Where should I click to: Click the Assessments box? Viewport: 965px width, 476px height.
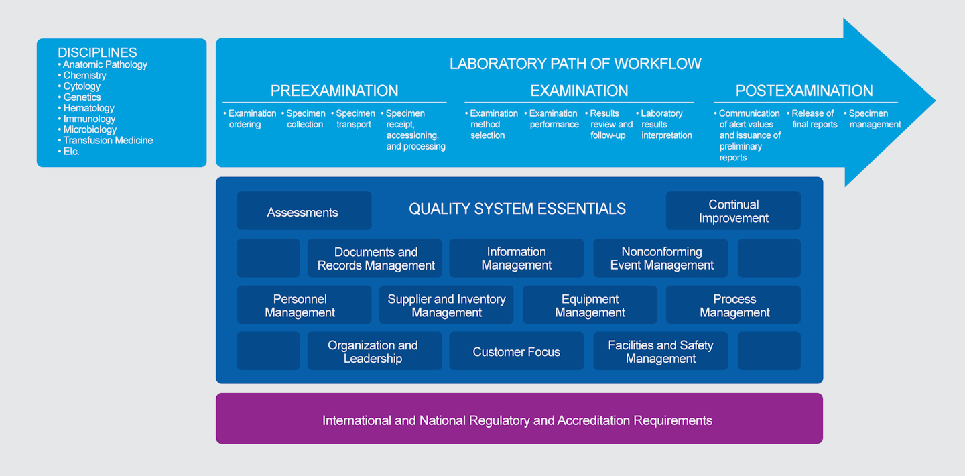[x=304, y=211]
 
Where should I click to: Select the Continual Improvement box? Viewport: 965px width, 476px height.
[x=733, y=211]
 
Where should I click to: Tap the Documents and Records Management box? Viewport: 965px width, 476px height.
[x=375, y=258]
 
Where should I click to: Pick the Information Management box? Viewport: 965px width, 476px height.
[x=516, y=258]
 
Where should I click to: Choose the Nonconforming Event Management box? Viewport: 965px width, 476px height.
[x=661, y=258]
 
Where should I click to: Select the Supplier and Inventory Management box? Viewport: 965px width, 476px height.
[x=446, y=305]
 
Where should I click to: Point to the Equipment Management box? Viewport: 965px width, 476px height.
[x=590, y=305]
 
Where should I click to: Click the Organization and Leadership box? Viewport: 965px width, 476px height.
[x=374, y=351]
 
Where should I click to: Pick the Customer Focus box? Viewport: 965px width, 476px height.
[x=516, y=351]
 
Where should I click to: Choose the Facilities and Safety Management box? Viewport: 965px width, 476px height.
[x=661, y=351]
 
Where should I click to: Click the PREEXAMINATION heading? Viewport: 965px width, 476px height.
[x=334, y=91]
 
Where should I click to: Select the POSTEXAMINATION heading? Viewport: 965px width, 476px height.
[x=804, y=91]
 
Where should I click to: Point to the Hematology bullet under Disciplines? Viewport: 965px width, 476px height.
[x=88, y=108]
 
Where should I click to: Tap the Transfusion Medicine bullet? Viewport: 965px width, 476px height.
[x=107, y=140]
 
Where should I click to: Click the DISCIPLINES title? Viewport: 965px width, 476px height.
[x=97, y=52]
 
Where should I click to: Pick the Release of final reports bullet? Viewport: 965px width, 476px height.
[x=814, y=119]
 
